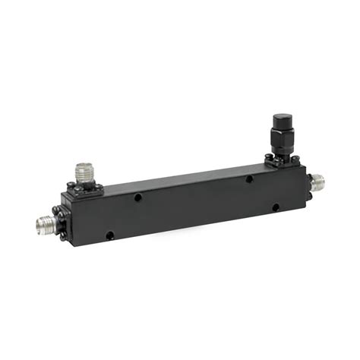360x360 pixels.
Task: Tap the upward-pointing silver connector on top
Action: click(x=84, y=172)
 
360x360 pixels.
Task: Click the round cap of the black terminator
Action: click(x=280, y=122)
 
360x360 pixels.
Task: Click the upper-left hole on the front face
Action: click(x=137, y=197)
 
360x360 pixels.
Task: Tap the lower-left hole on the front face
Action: click(x=111, y=235)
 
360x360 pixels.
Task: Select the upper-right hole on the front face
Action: click(x=249, y=180)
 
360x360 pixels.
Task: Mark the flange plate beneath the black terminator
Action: click(x=280, y=160)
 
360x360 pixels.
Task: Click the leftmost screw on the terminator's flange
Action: click(x=268, y=159)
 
